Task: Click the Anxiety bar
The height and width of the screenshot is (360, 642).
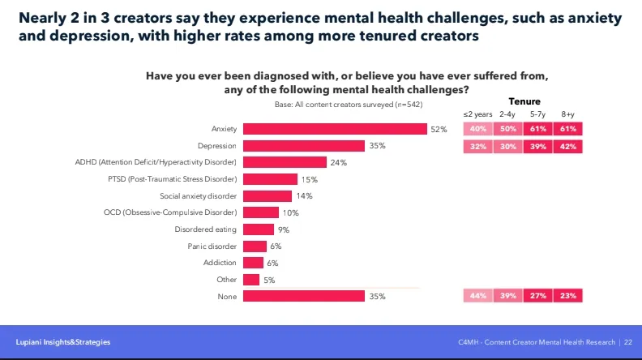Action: tap(335, 129)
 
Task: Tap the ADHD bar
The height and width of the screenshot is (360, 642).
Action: tap(285, 162)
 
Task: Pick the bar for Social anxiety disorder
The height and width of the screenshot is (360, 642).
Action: tap(267, 195)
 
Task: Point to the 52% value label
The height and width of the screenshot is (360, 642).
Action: tap(439, 129)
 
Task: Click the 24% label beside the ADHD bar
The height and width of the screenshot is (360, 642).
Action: tap(338, 162)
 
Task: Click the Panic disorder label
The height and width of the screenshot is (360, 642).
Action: tap(212, 246)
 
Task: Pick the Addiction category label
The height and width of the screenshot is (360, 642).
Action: tap(220, 263)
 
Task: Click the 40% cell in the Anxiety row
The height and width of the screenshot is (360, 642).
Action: tap(477, 129)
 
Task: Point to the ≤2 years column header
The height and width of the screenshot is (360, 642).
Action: tap(477, 114)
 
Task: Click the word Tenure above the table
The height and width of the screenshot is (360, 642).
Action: tap(524, 101)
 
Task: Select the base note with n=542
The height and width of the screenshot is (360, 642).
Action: tap(349, 105)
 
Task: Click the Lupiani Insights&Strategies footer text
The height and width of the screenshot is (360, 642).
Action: tap(63, 342)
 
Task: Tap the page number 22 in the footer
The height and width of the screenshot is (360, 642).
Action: tap(628, 342)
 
